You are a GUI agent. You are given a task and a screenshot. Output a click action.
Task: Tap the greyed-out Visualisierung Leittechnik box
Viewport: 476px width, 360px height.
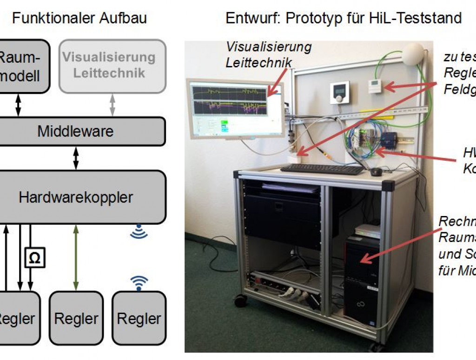(112, 65)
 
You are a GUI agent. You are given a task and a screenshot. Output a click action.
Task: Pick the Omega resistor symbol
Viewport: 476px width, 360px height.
(34, 257)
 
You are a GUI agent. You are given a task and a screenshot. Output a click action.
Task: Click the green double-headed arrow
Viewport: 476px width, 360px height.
(76, 257)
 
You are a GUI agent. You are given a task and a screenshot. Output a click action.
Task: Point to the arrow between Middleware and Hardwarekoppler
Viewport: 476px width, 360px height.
(76, 158)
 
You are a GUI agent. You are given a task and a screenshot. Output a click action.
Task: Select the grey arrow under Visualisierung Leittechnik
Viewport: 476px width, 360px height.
(112, 105)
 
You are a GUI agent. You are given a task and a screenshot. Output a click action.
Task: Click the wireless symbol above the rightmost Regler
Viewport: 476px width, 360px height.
(139, 282)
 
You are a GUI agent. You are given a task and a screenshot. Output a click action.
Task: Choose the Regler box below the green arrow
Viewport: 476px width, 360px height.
(76, 318)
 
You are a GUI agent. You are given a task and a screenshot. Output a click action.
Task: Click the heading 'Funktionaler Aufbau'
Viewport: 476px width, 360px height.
(79, 18)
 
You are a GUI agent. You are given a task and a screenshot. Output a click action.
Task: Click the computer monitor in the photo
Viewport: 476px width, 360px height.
(235, 108)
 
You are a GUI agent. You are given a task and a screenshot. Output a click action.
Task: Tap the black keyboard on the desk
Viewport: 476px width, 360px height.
(322, 170)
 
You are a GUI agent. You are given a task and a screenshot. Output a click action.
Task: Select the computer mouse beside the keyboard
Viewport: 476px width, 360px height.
(376, 172)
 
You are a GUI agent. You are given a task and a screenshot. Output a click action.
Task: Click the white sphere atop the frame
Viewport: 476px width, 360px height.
(413, 54)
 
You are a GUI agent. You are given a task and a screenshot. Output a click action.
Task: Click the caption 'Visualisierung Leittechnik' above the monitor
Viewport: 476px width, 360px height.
(268, 54)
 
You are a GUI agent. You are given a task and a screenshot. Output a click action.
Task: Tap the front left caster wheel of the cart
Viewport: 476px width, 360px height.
(241, 301)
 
